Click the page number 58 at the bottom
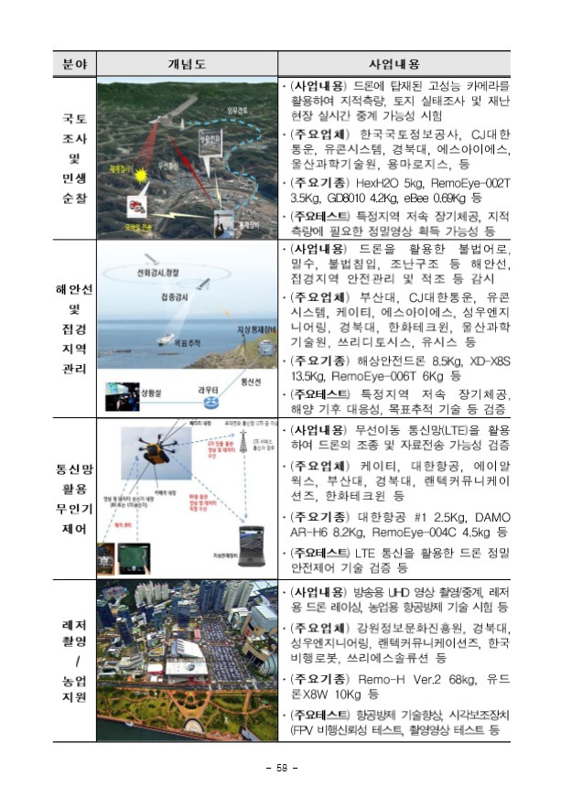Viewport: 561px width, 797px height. (281, 766)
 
